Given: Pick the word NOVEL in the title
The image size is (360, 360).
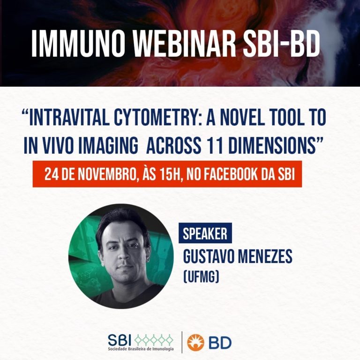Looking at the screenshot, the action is pos(243,117).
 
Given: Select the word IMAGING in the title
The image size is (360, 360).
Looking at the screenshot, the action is pos(108,146).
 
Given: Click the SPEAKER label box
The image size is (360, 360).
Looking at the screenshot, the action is pos(205,233).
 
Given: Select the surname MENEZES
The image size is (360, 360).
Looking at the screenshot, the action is pos(265,256).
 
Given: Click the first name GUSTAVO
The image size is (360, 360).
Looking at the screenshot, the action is pos(209,256).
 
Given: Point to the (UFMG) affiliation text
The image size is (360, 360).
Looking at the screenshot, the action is pos(201,277).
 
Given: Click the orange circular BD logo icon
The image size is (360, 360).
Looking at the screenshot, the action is pos(195,343).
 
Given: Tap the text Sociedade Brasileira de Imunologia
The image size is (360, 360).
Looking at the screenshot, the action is pos(141,349).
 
